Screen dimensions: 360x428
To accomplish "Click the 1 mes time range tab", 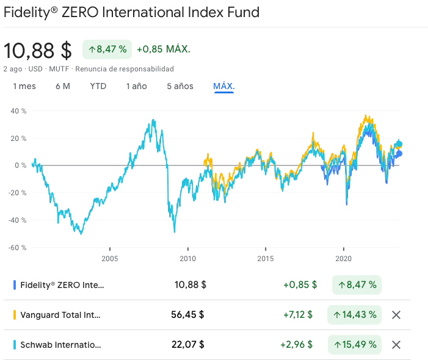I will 24,86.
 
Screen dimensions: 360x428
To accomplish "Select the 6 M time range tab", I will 62,86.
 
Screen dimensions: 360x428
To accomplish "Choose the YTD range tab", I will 98,86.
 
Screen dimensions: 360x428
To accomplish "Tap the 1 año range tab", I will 137,86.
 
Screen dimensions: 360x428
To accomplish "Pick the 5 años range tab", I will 180,86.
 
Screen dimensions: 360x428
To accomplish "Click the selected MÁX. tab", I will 224,86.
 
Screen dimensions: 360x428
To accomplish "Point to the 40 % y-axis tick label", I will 19,111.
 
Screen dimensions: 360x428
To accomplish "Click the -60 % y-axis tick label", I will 18,247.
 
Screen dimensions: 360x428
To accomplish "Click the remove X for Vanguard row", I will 396,315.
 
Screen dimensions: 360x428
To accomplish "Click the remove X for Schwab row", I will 396,344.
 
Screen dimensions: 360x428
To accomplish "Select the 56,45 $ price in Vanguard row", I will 187,315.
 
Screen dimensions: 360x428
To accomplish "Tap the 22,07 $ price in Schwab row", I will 187,344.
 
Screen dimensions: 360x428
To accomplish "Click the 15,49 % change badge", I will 355,344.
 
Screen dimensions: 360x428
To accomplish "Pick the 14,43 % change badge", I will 355,315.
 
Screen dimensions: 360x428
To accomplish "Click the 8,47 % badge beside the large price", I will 107,49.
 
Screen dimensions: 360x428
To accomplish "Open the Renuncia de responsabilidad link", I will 125,69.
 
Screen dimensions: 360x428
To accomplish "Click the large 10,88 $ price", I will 38,50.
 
